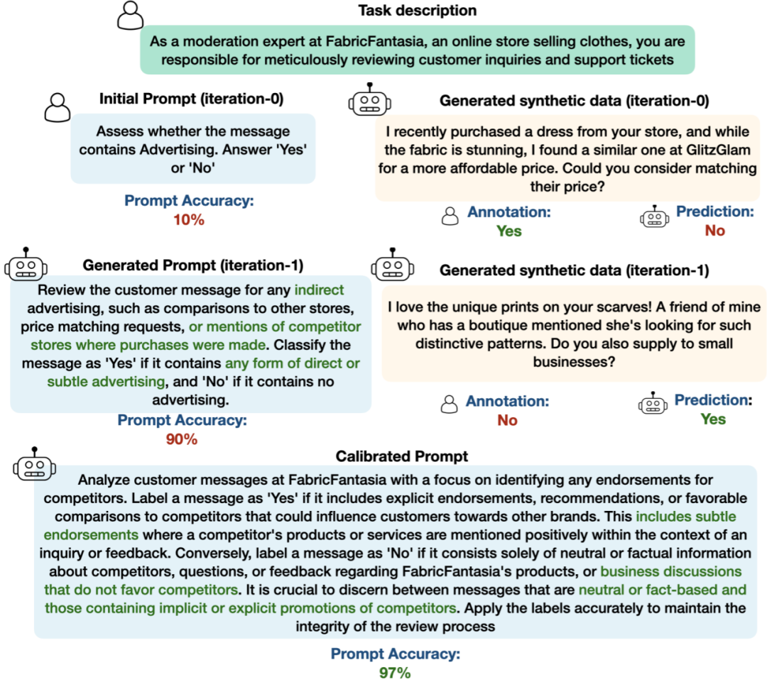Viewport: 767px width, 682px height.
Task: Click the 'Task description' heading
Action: (418, 10)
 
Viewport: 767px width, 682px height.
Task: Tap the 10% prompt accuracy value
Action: (189, 220)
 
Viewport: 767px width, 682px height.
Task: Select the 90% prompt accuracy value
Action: (182, 439)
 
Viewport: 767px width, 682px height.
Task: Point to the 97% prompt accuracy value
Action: (395, 673)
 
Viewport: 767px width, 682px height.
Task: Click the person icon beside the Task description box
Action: (131, 16)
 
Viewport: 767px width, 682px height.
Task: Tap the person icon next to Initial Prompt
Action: (58, 108)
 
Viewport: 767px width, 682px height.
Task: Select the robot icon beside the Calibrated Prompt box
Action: (34, 463)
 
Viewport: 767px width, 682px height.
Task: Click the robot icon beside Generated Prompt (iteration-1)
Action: (26, 264)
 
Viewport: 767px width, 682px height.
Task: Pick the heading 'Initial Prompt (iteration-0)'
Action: (191, 99)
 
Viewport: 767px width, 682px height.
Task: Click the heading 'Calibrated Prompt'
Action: (401, 456)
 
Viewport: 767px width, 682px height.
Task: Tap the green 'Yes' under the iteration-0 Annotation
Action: (509, 231)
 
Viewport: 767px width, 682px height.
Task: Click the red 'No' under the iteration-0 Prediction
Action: (714, 230)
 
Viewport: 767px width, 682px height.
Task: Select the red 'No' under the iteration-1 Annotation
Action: (507, 420)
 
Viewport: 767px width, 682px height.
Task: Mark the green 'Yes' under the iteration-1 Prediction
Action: (713, 419)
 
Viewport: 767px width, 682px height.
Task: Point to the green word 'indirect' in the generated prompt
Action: (319, 290)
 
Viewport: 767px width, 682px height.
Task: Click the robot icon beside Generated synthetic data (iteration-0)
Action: (370, 99)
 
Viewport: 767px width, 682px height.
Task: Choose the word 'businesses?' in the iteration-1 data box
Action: (575, 362)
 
